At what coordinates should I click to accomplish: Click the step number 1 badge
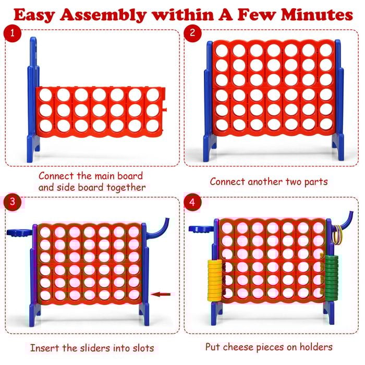click(12, 34)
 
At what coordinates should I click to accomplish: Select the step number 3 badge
click(12, 202)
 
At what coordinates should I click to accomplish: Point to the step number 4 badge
click(192, 202)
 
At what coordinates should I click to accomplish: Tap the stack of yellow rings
click(214, 280)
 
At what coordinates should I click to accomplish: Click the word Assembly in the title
click(105, 15)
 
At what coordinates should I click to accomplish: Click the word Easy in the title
click(37, 15)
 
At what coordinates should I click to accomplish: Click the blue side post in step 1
click(33, 94)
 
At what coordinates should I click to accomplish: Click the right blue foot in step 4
click(328, 313)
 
